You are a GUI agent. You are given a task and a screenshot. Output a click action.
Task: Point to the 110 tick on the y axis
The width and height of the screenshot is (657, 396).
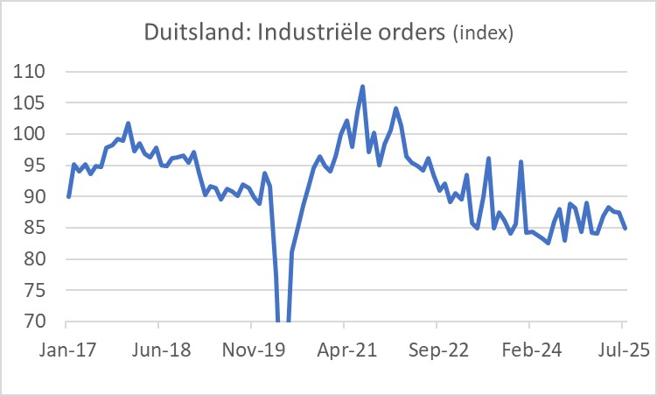31,72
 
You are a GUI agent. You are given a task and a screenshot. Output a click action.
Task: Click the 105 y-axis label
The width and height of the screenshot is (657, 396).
31,103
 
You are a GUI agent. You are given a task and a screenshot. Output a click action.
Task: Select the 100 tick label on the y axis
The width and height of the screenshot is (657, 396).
31,134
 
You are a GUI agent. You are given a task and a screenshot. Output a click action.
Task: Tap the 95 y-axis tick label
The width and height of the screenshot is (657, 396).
37,166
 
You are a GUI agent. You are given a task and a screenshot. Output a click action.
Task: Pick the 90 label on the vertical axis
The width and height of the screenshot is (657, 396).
37,197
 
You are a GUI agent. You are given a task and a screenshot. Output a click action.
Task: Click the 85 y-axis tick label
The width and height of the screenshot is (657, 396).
37,228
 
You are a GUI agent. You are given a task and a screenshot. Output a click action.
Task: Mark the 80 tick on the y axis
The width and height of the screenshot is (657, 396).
37,259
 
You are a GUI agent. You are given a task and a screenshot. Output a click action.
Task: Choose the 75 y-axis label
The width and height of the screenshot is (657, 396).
37,291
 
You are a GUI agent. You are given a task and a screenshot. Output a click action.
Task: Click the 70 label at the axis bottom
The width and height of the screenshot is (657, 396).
37,322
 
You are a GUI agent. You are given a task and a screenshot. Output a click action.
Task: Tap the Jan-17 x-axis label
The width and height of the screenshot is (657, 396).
67,350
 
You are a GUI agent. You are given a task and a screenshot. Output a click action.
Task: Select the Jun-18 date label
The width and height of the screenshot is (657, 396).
160,350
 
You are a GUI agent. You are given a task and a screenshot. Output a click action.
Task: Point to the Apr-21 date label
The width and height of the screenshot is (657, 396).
346,350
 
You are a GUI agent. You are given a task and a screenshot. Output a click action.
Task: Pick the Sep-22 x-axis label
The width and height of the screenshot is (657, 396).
439,350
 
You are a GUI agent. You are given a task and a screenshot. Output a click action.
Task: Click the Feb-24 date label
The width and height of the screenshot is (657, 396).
532,350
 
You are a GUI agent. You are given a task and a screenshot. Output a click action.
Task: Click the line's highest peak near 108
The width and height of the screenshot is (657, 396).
362,87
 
